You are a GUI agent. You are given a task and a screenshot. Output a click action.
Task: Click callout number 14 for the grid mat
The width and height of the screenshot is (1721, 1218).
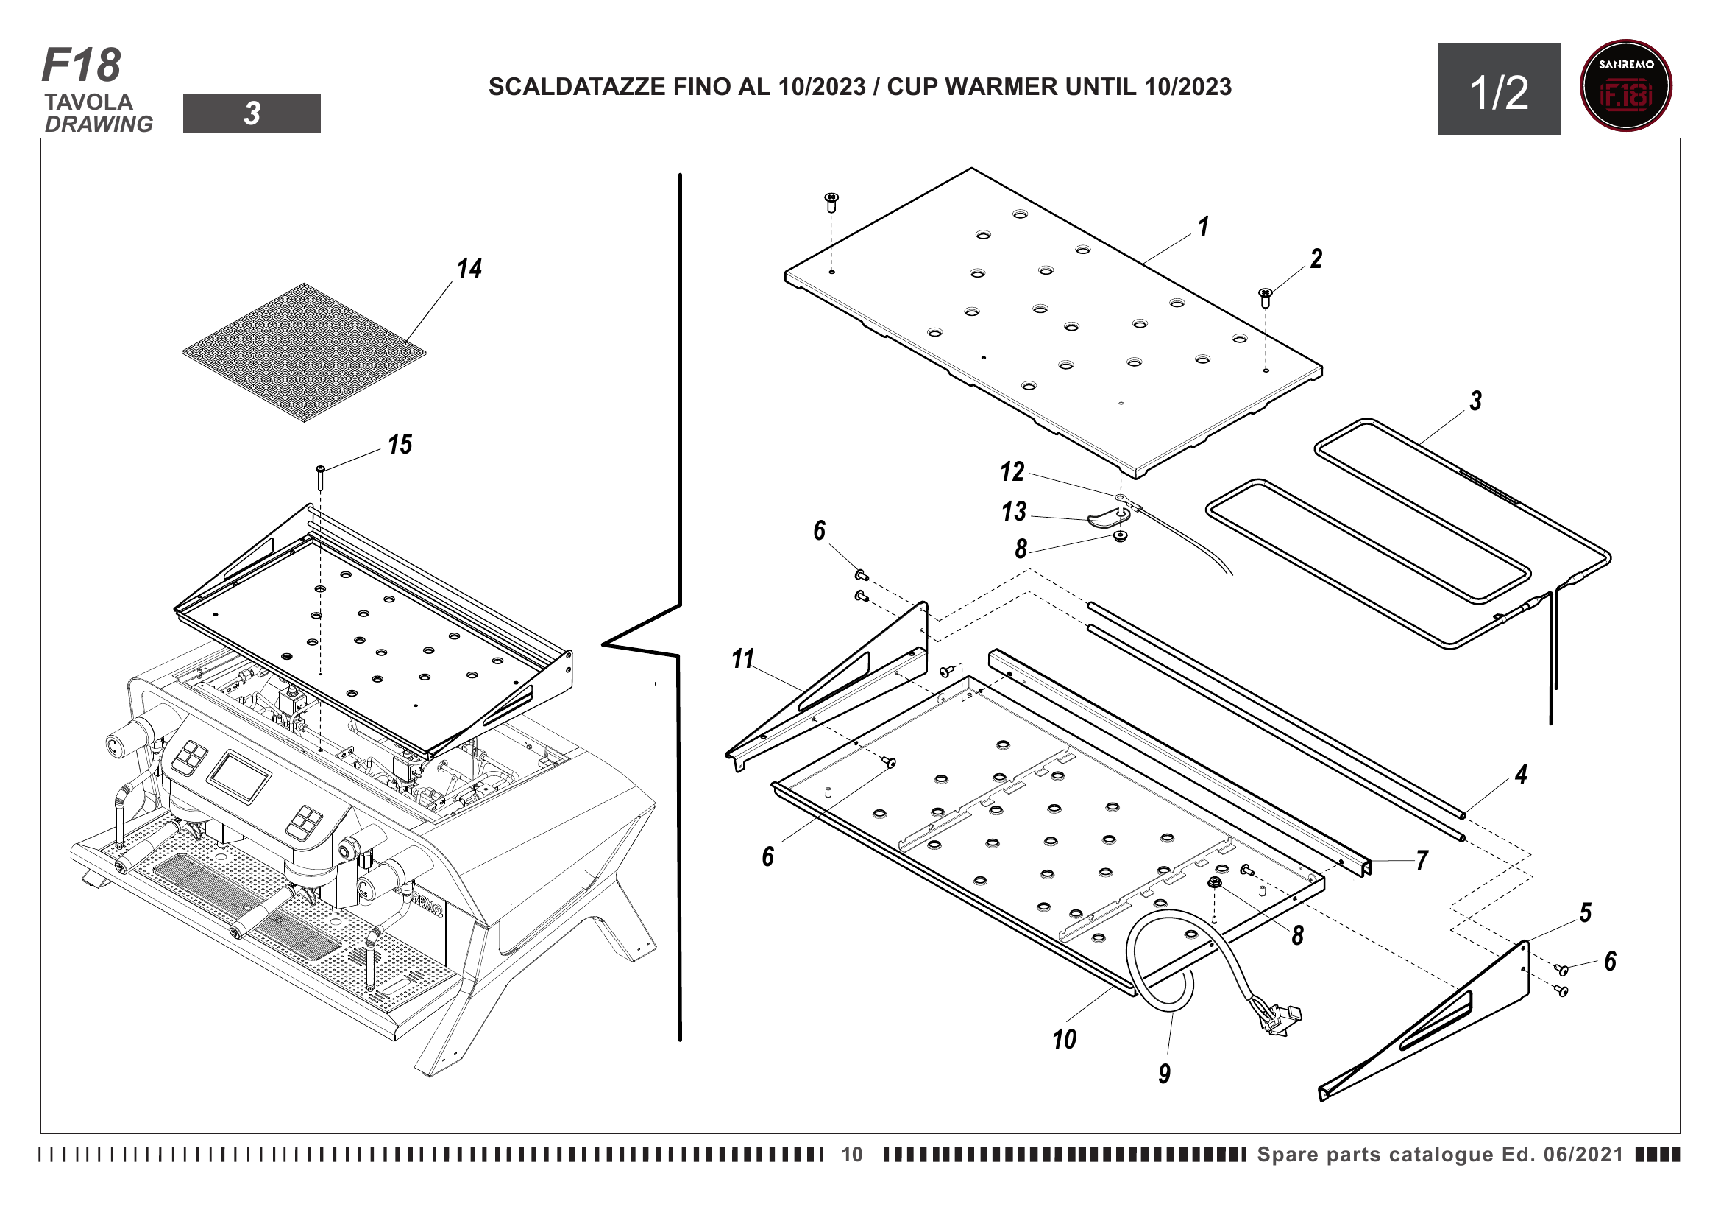[x=469, y=269]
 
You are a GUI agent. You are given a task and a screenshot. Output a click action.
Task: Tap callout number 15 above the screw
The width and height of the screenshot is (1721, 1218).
[x=400, y=445]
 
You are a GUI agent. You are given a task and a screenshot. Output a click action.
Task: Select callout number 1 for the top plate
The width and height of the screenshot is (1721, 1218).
[x=1203, y=227]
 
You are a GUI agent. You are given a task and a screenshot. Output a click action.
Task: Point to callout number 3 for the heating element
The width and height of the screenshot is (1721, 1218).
[x=1475, y=401]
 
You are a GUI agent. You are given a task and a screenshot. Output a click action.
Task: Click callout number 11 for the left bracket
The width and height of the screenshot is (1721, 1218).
[x=742, y=659]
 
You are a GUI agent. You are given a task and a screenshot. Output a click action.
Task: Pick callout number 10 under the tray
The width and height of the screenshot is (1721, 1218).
[x=1064, y=1040]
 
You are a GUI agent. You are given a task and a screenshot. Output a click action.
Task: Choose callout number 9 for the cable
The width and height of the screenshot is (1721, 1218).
[x=1164, y=1073]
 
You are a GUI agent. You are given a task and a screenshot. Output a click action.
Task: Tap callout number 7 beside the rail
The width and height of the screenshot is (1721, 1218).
[x=1422, y=860]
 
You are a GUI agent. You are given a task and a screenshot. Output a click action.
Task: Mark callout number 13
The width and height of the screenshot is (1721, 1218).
[x=1013, y=513]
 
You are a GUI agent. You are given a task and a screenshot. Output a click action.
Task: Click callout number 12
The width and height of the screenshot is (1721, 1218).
[x=1012, y=472]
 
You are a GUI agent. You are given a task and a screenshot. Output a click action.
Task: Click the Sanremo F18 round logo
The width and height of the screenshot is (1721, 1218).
[x=1625, y=85]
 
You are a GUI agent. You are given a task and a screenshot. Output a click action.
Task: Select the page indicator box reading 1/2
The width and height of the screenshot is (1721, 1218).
[x=1498, y=90]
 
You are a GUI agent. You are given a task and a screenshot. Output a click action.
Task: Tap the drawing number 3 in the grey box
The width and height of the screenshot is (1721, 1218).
[x=252, y=113]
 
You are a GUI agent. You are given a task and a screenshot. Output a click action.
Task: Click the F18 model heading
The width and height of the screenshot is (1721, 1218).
[x=81, y=66]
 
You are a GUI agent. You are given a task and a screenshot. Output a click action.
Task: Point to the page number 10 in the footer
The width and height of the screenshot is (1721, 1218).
[x=851, y=1154]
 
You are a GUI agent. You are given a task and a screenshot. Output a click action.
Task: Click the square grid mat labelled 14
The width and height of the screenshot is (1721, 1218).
[x=304, y=352]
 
